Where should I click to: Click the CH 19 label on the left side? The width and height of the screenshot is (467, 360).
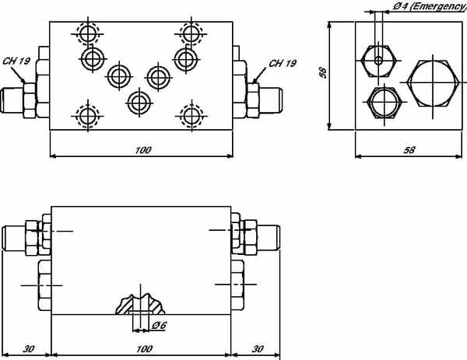(16, 61)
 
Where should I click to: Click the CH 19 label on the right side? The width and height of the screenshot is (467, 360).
(283, 64)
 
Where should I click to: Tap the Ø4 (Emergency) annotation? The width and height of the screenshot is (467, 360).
(430, 6)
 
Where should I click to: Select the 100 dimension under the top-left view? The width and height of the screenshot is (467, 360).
(143, 150)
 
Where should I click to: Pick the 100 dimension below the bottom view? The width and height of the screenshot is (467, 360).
(144, 348)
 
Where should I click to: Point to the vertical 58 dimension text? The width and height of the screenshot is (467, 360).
(323, 73)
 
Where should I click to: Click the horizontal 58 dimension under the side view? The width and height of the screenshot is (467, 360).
(409, 150)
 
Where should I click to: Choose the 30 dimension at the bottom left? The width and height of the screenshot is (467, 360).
(29, 348)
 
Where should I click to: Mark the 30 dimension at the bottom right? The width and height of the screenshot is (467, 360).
(258, 348)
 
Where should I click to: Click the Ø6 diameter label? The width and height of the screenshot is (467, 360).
(159, 326)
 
